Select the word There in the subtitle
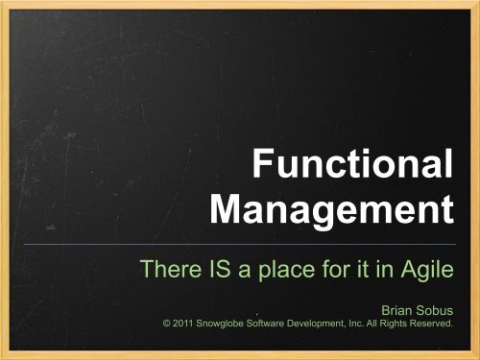167,269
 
